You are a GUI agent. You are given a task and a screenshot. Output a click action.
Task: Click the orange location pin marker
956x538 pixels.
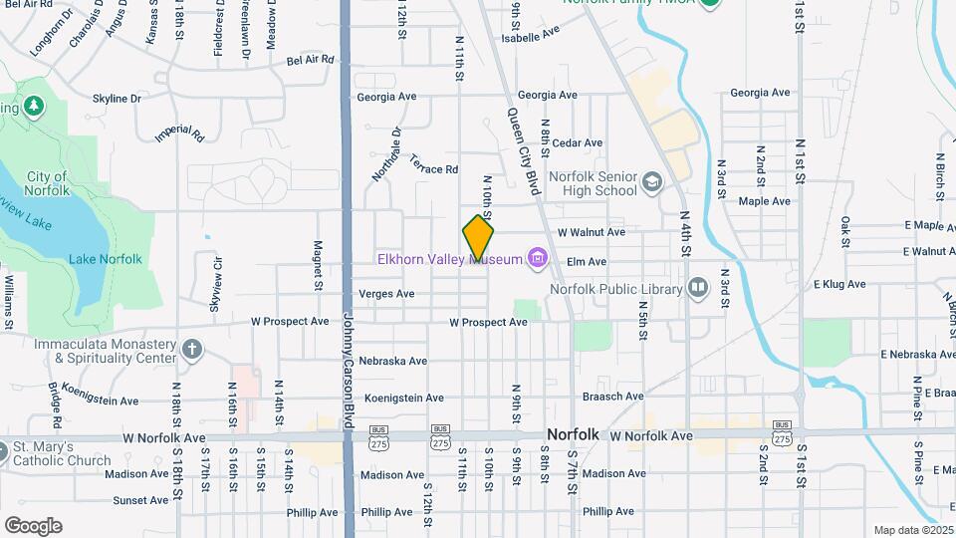point(479,237)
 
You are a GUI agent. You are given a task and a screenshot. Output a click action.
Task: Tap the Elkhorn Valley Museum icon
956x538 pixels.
point(539,260)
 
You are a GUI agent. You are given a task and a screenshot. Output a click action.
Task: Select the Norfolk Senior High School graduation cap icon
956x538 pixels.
point(651,181)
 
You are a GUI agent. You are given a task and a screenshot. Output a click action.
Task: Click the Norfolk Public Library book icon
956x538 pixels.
point(698,289)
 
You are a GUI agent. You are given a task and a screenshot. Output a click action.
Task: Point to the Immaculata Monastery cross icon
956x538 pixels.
point(192,350)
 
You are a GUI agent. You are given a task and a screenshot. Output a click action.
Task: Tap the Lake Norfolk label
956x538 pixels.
point(106,259)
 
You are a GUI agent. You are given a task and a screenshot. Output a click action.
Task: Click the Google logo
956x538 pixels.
point(33,525)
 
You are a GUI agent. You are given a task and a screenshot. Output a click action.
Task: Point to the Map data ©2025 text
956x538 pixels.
point(911,530)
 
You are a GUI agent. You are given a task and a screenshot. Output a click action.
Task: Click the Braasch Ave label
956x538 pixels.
point(613,397)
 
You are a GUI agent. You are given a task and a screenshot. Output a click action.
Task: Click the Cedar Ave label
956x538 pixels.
point(578,143)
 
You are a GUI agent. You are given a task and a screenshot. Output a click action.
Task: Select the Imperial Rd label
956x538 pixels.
point(178,133)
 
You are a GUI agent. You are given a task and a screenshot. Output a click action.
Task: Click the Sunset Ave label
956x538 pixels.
point(140,500)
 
